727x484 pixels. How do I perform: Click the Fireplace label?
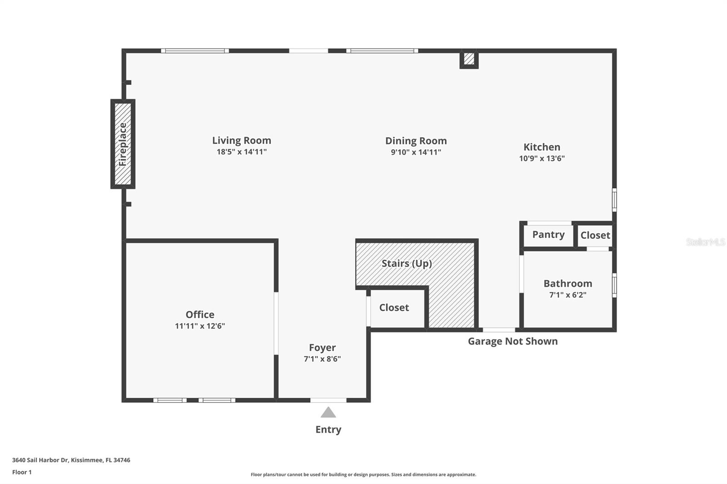click(x=123, y=144)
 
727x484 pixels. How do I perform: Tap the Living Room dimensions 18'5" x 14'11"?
click(x=241, y=152)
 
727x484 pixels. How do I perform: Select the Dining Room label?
click(x=416, y=141)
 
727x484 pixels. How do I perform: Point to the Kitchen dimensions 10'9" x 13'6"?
click(x=542, y=158)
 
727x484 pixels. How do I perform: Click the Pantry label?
click(x=548, y=235)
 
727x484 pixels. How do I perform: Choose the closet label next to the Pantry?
click(x=595, y=235)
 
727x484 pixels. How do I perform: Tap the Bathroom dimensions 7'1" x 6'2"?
click(x=568, y=295)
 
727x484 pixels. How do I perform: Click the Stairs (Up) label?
click(x=406, y=263)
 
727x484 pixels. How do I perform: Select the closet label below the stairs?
click(x=394, y=308)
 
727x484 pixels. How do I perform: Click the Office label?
click(x=199, y=315)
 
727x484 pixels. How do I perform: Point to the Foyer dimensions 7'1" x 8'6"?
click(x=322, y=359)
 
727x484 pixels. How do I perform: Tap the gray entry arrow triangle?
click(x=328, y=413)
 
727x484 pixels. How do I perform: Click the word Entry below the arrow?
click(x=328, y=430)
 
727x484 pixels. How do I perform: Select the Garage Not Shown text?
click(x=513, y=341)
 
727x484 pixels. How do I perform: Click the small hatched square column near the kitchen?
click(x=469, y=59)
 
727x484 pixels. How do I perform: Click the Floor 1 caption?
click(x=22, y=472)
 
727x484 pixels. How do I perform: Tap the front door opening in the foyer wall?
click(x=328, y=400)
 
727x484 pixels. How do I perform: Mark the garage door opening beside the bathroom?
click(x=498, y=330)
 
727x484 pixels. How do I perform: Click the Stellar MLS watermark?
click(x=705, y=242)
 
